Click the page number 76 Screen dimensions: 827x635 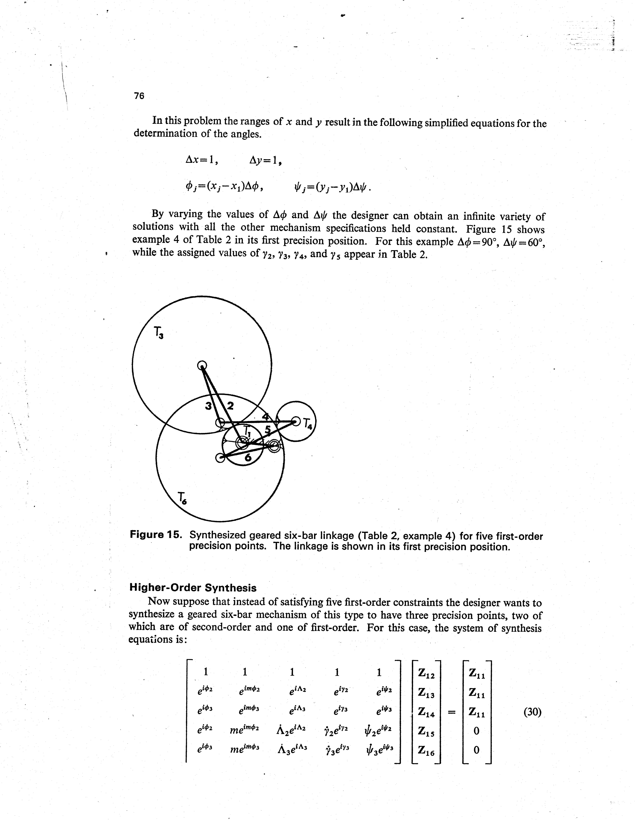[x=139, y=96]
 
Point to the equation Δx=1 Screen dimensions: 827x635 [x=201, y=160]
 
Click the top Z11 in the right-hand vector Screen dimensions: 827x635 [x=476, y=673]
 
